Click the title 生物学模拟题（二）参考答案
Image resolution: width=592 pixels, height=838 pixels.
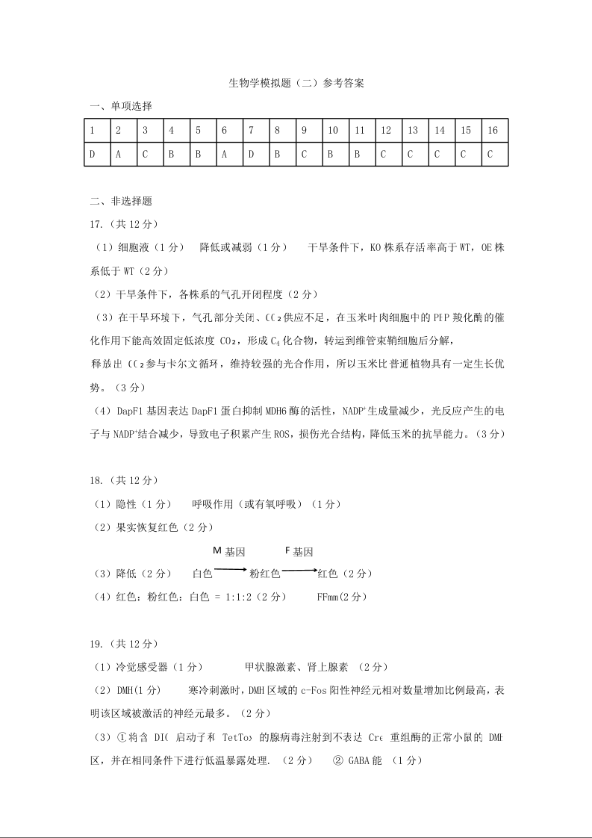click(x=296, y=84)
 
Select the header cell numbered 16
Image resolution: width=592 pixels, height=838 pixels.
click(x=493, y=130)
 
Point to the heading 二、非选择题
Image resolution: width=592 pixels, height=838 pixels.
click(x=120, y=200)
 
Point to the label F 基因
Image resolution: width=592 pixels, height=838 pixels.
click(x=299, y=552)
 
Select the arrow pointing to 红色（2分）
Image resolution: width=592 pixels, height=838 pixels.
click(x=299, y=570)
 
